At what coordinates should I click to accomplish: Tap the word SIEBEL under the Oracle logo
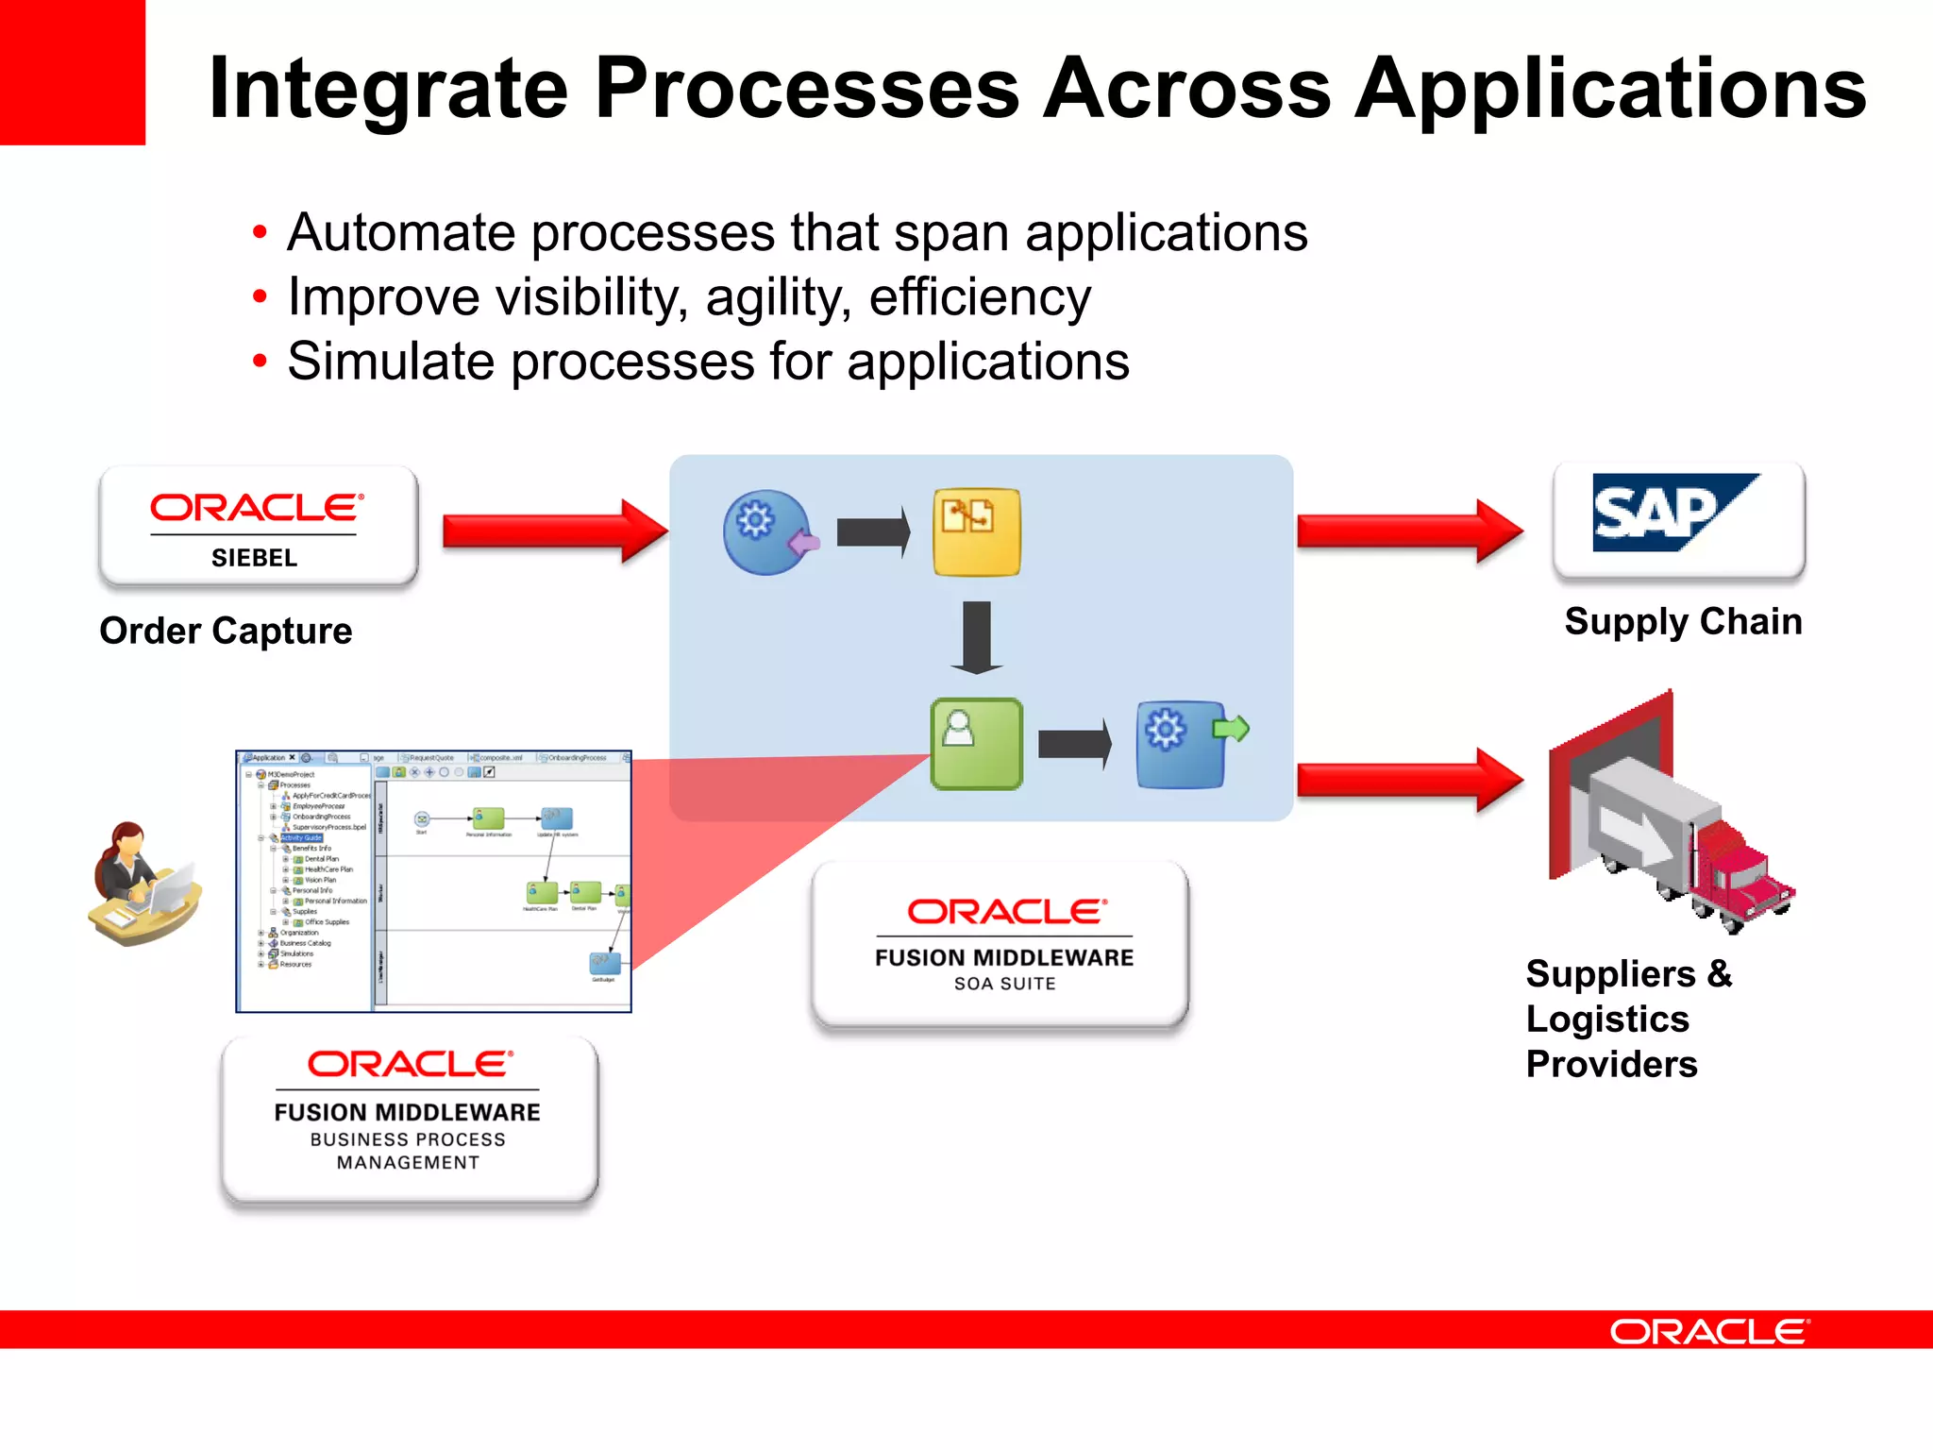pyautogui.click(x=254, y=558)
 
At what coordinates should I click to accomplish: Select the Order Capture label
pyautogui.click(x=226, y=631)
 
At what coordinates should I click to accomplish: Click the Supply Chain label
pyautogui.click(x=1683, y=621)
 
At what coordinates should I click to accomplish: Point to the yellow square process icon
pyautogui.click(x=976, y=531)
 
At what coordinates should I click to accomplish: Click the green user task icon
pyautogui.click(x=976, y=744)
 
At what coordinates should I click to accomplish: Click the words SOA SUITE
pyautogui.click(x=1004, y=984)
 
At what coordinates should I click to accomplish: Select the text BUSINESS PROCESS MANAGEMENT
pyautogui.click(x=408, y=1151)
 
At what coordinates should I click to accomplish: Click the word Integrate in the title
pyautogui.click(x=388, y=89)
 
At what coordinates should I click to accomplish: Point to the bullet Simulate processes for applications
pyautogui.click(x=708, y=362)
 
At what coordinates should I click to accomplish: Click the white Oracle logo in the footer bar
pyautogui.click(x=1708, y=1331)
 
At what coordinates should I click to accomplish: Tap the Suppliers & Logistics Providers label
pyautogui.click(x=1628, y=1019)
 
